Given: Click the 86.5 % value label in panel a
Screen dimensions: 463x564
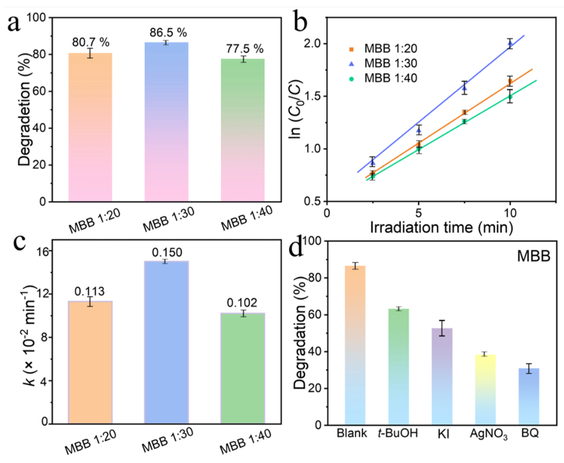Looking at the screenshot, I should pos(168,33).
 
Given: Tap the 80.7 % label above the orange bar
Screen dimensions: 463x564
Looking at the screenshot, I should pos(91,42).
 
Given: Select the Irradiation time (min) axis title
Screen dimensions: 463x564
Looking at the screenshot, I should pos(441,227).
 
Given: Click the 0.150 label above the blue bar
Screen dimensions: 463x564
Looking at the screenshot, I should pos(167,252).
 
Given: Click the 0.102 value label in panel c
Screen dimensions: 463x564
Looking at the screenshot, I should pos(242,303).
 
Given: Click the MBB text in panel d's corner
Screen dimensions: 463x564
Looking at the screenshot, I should pos(534,257).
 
